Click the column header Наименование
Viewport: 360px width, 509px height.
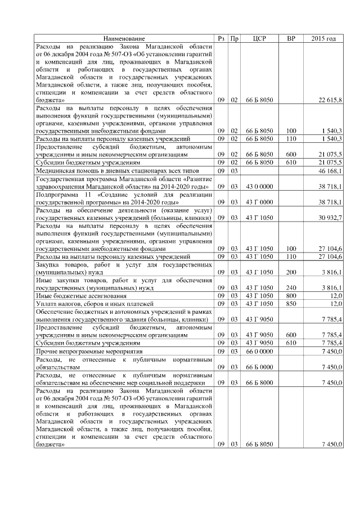124,39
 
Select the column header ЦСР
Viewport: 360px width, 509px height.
259,39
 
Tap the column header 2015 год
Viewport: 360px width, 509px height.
323,39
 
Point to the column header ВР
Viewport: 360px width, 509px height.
291,39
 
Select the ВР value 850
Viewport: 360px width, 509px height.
291,304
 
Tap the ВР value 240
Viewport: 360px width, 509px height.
291,287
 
